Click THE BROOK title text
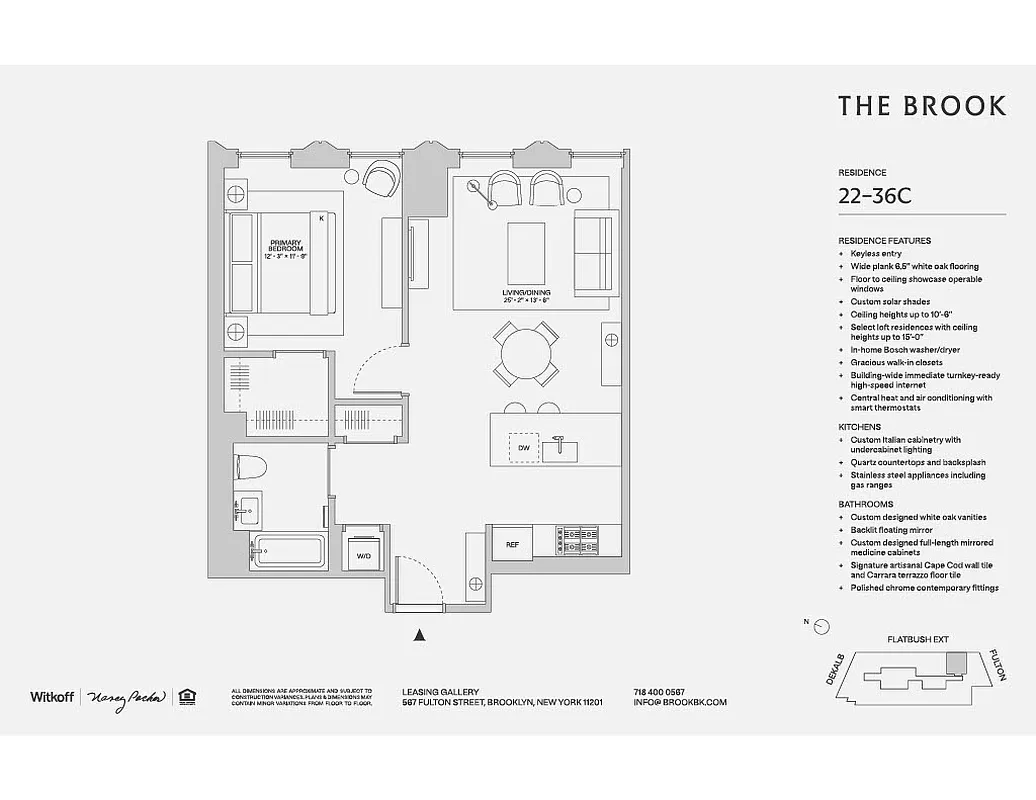pos(921,106)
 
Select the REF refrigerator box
pos(512,545)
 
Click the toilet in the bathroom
pos(252,466)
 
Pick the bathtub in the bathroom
pos(288,552)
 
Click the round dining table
pos(526,354)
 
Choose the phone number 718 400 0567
pos(659,692)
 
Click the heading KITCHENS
pos(859,427)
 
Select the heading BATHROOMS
pos(865,504)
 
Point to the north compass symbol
pos(821,626)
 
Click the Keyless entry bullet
pos(877,254)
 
